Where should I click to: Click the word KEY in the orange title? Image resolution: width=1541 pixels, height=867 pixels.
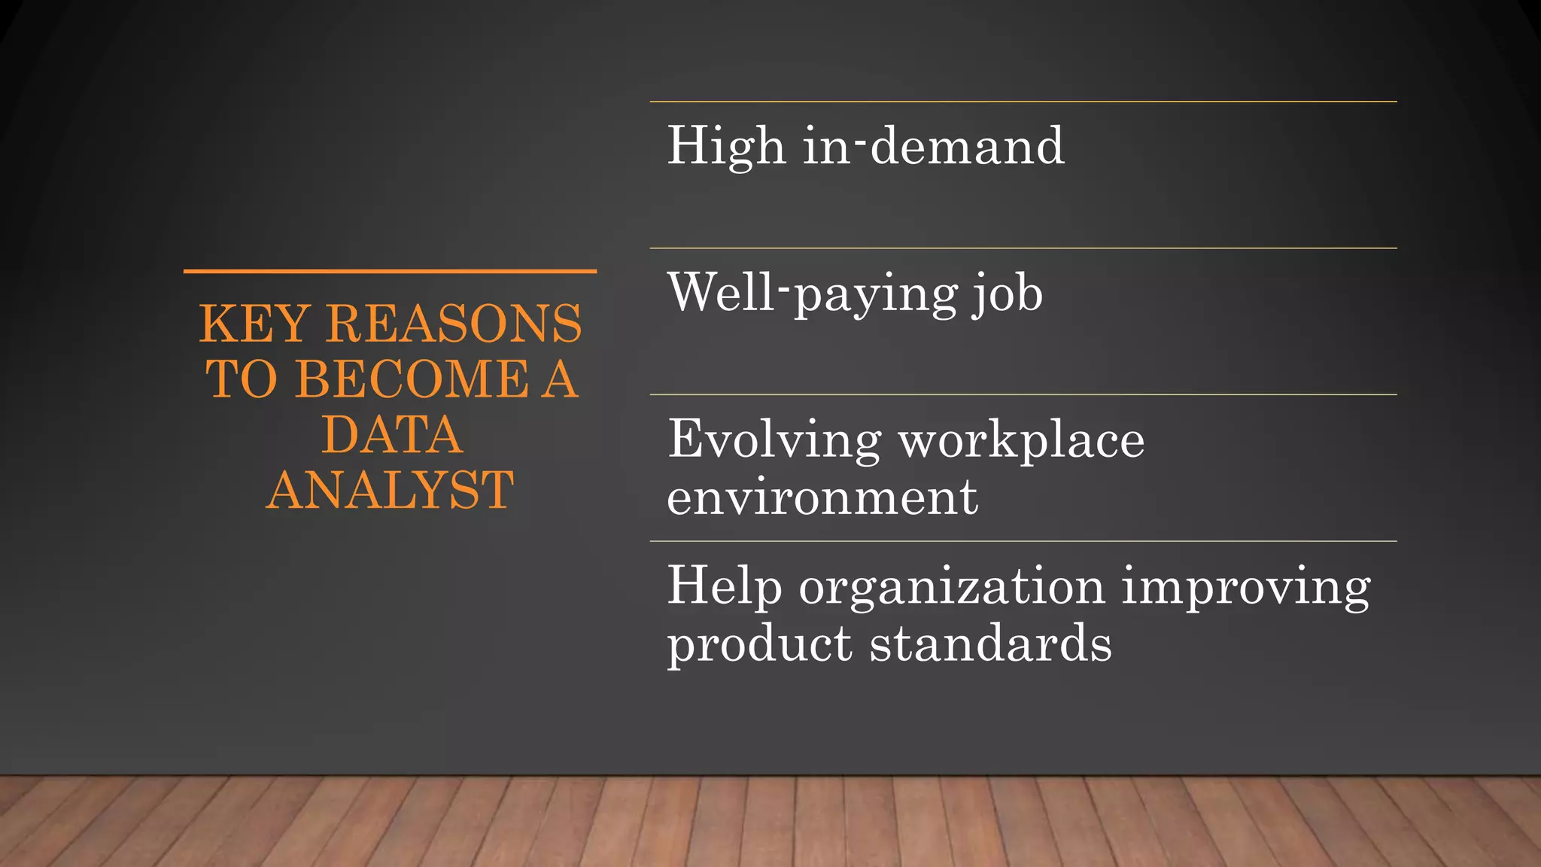pyautogui.click(x=254, y=324)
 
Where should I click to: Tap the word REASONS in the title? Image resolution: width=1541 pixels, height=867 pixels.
pyautogui.click(x=454, y=324)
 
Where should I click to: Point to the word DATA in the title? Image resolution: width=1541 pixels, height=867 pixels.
pyautogui.click(x=391, y=435)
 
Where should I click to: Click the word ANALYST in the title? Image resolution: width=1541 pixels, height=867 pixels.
pyautogui.click(x=390, y=491)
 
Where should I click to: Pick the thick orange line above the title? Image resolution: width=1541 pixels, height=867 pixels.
pyautogui.click(x=390, y=271)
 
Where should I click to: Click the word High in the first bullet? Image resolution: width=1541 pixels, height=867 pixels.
pyautogui.click(x=726, y=146)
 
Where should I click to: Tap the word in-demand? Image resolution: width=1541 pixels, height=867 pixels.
pyautogui.click(x=933, y=145)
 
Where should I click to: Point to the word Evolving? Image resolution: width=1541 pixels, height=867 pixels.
pyautogui.click(x=774, y=440)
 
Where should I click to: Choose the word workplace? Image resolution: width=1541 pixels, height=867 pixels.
pyautogui.click(x=1022, y=440)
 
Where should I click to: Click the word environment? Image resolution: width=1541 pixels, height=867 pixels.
pyautogui.click(x=822, y=497)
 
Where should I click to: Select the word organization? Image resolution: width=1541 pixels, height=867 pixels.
pyautogui.click(x=952, y=587)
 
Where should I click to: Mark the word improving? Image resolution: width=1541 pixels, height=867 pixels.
pyautogui.click(x=1246, y=587)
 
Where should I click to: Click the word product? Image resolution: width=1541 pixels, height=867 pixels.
pyautogui.click(x=760, y=645)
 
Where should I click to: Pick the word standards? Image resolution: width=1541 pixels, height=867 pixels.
pyautogui.click(x=991, y=644)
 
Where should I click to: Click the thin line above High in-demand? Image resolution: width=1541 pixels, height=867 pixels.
pyautogui.click(x=1023, y=102)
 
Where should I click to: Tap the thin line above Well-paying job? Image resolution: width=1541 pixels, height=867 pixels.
pyautogui.click(x=1023, y=248)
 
